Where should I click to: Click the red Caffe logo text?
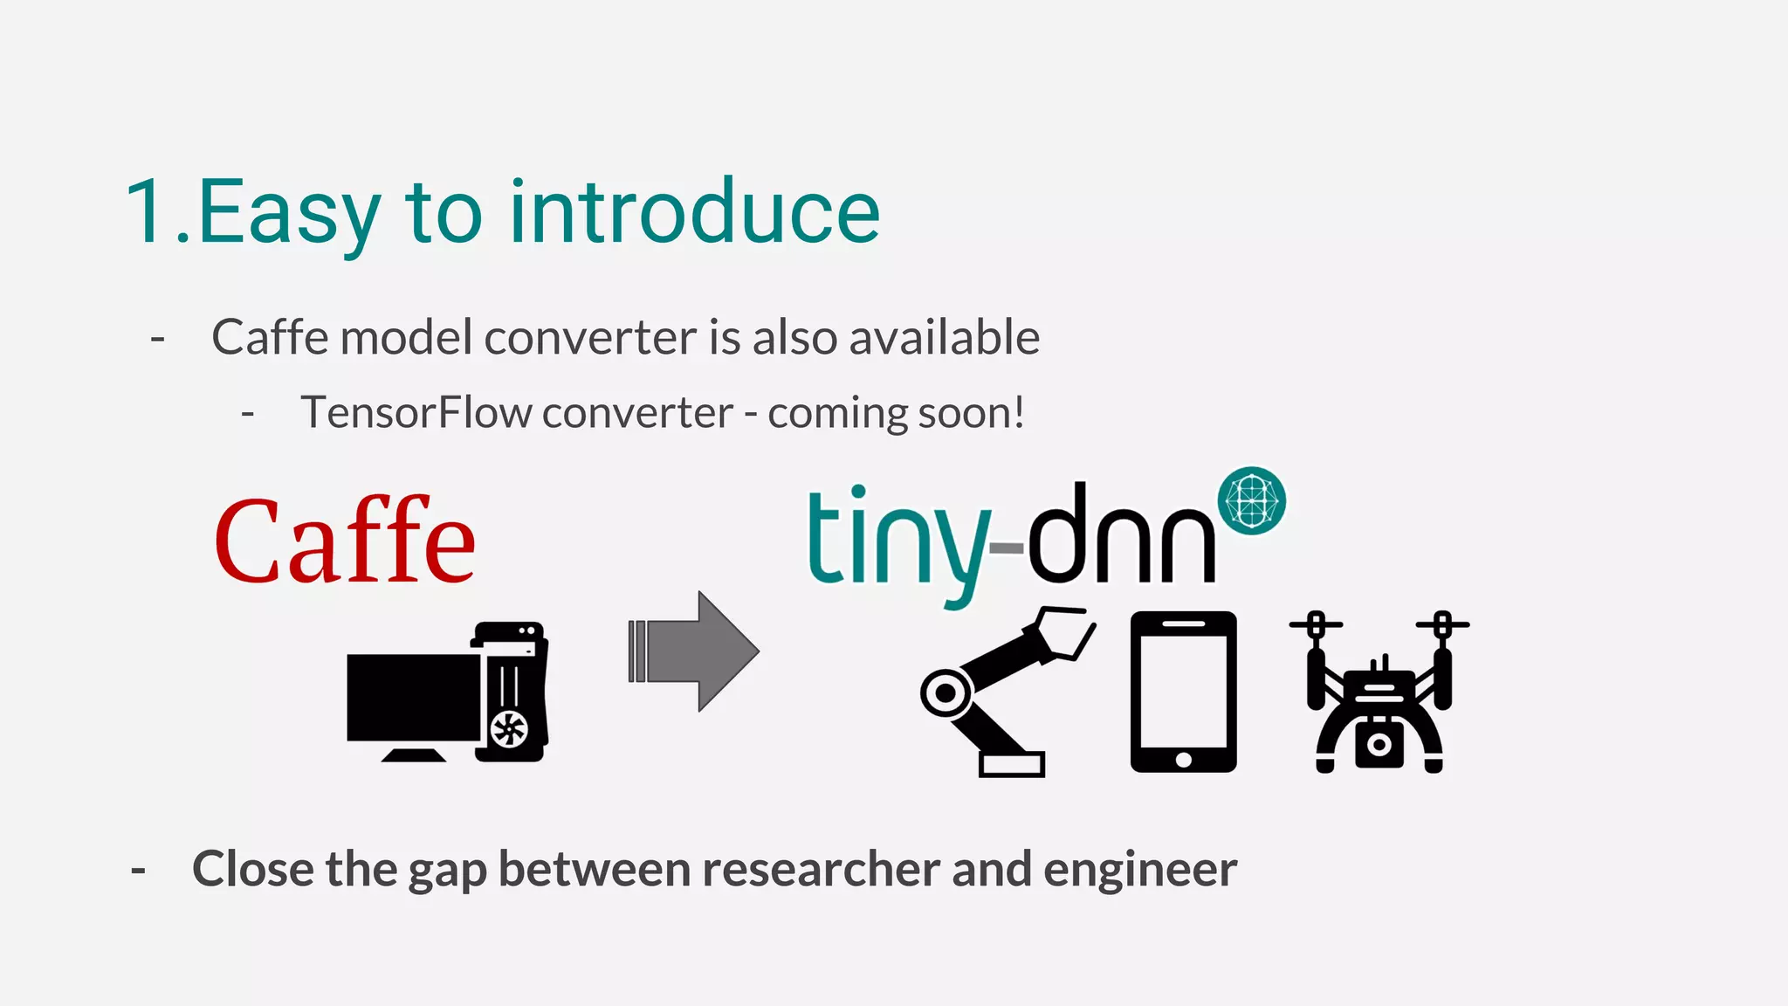coord(345,541)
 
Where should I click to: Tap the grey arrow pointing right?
coord(695,651)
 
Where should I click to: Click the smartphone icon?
coord(1183,691)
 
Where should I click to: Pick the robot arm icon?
coord(1004,690)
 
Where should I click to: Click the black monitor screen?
coord(412,697)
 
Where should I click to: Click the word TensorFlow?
coord(416,413)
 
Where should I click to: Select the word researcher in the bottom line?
coord(821,870)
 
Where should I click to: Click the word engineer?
coord(1139,870)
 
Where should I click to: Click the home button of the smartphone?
coord(1183,760)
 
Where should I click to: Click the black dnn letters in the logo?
coord(1122,534)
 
